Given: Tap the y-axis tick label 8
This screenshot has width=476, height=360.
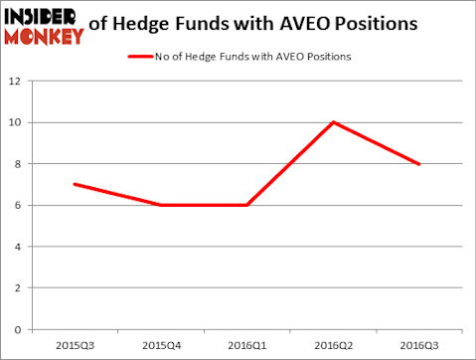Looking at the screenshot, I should tap(17, 164).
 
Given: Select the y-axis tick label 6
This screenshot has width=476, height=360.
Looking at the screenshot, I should tap(17, 206).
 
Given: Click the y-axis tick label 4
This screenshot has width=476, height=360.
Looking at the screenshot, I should tap(17, 247).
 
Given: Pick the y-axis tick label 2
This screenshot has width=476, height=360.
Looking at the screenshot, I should tap(17, 288).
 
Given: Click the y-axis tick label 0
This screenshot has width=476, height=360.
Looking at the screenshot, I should tap(17, 329).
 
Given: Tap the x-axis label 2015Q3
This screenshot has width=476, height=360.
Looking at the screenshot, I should tap(75, 345).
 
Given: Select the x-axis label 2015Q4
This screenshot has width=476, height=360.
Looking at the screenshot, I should tap(161, 345).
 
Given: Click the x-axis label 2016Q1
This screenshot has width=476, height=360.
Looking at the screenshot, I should tap(246, 345).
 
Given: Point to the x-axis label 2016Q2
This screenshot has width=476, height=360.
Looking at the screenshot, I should tap(333, 345).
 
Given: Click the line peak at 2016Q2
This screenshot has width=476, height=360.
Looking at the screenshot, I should tap(333, 122).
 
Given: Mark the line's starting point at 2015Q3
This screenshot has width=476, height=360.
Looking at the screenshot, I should tap(75, 184).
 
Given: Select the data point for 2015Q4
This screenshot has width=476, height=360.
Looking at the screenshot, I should tap(161, 205).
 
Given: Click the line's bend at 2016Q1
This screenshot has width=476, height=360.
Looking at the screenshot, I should tap(246, 205).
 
